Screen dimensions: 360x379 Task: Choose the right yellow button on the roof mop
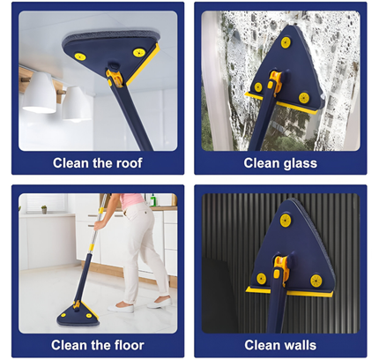138,52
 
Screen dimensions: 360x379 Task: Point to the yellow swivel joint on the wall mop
280,266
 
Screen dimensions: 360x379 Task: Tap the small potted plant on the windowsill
42,210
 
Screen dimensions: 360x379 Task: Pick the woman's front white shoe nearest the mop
118,309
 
